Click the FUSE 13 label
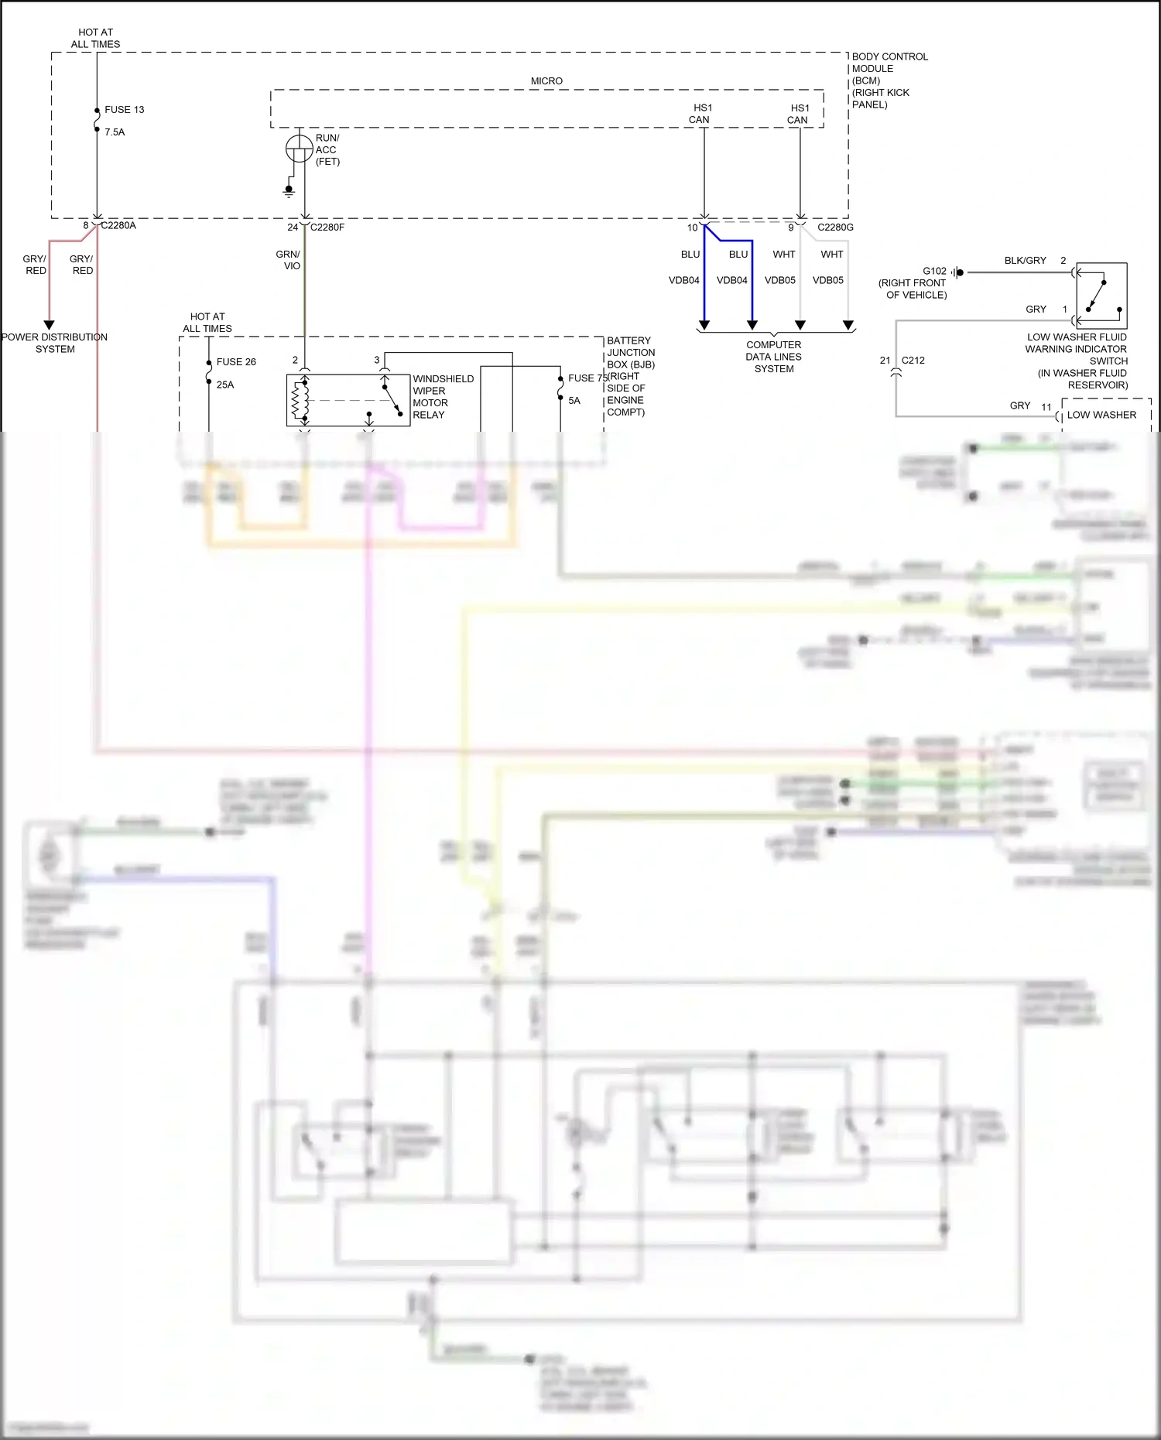pos(124,110)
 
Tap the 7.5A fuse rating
pos(115,132)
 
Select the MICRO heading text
pos(546,81)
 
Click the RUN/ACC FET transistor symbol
pos(300,149)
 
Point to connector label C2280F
pos(327,227)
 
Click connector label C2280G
pos(835,227)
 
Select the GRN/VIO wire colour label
pos(288,260)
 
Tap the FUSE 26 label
pos(236,362)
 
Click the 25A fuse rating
pos(225,385)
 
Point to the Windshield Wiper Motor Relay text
pos(443,397)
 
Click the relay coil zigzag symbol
pos(296,401)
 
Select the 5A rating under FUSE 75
pos(574,401)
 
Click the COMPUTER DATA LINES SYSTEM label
pos(774,357)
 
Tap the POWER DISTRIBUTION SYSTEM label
pos(54,343)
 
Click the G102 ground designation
pos(934,272)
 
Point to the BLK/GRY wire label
pos(1025,261)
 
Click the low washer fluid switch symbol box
pos(1101,296)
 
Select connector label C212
pos(913,361)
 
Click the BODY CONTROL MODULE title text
pos(889,63)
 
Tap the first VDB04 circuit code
pos(684,281)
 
